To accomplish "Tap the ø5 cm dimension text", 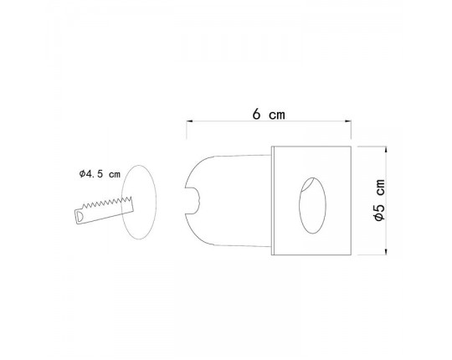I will (380, 201).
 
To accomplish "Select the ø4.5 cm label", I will (99, 173).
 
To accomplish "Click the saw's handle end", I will (79, 216).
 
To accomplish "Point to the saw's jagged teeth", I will (113, 202).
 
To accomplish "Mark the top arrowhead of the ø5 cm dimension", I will (385, 152).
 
